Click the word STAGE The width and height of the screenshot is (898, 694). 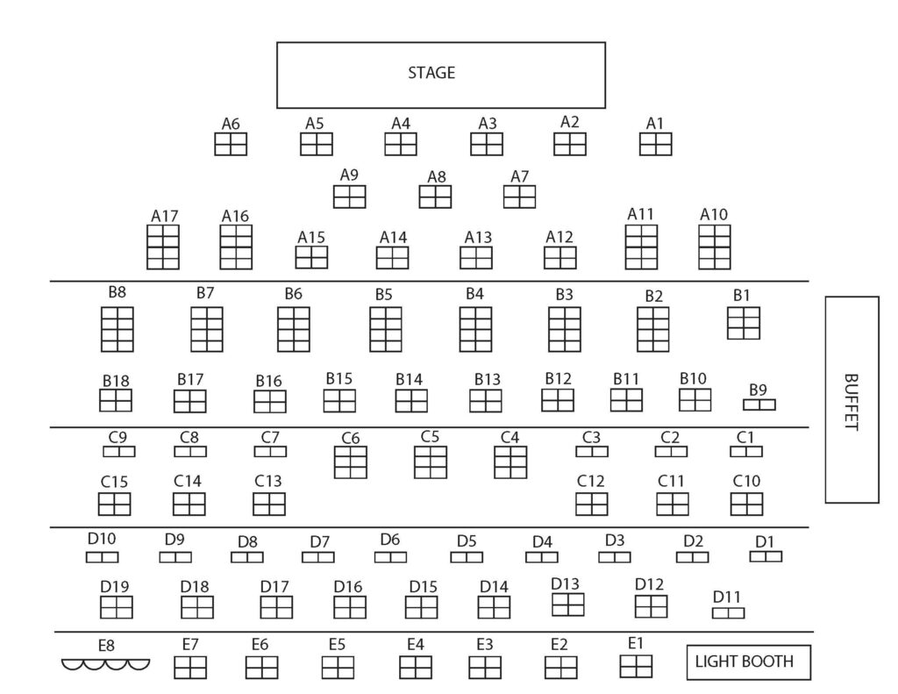pos(431,73)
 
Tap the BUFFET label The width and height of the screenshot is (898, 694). pos(851,402)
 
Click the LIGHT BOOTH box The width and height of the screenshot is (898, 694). pos(749,662)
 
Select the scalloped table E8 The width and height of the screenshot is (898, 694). pos(106,664)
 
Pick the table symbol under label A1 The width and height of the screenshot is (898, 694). pos(655,144)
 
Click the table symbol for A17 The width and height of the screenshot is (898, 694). pos(163,247)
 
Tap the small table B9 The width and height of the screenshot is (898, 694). pos(759,404)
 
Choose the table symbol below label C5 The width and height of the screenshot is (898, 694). pos(431,461)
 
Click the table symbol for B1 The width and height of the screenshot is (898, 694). pos(744,323)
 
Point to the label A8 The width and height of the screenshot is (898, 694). pos(437,176)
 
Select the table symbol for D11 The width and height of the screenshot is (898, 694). pos(728,612)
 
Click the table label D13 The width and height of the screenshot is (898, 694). pos(566,583)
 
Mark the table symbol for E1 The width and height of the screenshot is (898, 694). pos(636,666)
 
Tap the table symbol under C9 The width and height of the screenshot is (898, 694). pos(119,452)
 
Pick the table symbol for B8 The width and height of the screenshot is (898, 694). pos(118,329)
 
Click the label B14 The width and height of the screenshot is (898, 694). pos(409,379)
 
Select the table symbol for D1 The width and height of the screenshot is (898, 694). pos(766,556)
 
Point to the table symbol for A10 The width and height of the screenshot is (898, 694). pos(714,247)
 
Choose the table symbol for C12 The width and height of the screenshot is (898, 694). pos(592,504)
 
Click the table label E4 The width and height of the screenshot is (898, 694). pos(415,645)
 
